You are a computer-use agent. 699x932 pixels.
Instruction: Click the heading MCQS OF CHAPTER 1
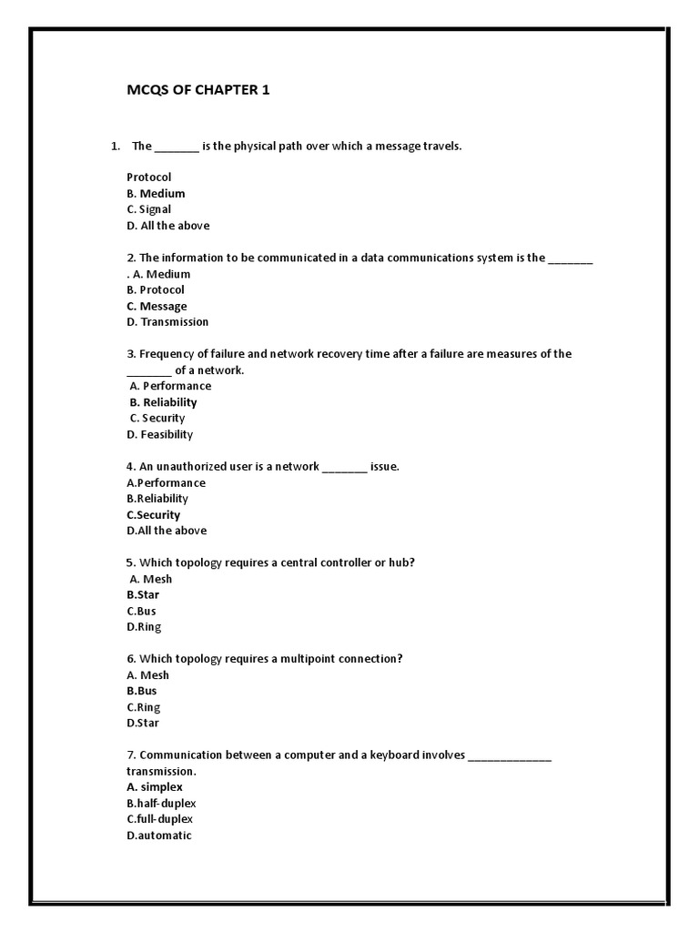click(x=198, y=90)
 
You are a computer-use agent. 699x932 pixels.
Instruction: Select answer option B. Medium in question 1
click(x=156, y=194)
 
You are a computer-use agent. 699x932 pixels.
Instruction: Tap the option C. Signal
click(x=149, y=209)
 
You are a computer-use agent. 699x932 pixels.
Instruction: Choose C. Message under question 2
click(x=157, y=306)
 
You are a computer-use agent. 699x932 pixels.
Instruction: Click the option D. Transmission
click(x=167, y=322)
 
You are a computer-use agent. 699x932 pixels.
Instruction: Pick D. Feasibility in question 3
click(x=160, y=434)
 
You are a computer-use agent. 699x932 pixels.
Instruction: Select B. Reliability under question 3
click(x=163, y=402)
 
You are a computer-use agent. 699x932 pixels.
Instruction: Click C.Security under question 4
click(x=154, y=515)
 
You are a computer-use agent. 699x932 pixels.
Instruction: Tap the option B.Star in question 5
click(x=143, y=595)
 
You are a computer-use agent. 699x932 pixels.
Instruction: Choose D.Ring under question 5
click(x=144, y=627)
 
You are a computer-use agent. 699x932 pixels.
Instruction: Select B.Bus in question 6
click(x=142, y=691)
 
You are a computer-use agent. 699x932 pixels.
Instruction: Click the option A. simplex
click(x=155, y=786)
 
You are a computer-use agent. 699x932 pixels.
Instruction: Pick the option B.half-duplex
click(x=161, y=804)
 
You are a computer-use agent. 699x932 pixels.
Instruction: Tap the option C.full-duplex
click(x=160, y=819)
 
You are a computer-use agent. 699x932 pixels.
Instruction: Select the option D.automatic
click(x=159, y=836)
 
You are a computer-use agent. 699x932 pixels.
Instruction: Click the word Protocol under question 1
click(x=149, y=177)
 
